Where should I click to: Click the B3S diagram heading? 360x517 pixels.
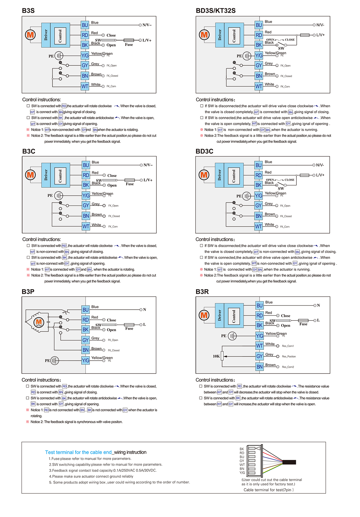pyautogui.click(x=28, y=11)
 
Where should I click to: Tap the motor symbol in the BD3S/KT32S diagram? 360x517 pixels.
pyautogui.click(x=204, y=35)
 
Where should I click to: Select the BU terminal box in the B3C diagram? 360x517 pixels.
pyautogui.click(x=86, y=165)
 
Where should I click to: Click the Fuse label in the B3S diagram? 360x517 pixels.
pyautogui.click(x=129, y=45)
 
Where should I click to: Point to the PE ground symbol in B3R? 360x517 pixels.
pyautogui.click(x=232, y=336)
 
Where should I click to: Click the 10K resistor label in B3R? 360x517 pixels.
pyautogui.click(x=216, y=356)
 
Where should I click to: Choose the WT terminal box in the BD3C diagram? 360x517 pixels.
pyautogui.click(x=259, y=226)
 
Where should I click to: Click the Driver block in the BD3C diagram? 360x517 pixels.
pyautogui.click(x=219, y=175)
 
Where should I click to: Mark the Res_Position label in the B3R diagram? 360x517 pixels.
pyautogui.click(x=289, y=356)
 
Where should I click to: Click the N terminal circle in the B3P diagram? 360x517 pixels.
pyautogui.click(x=141, y=310)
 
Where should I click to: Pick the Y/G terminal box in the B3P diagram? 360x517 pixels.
pyautogui.click(x=86, y=361)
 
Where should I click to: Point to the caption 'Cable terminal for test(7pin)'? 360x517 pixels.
pyautogui.click(x=268, y=490)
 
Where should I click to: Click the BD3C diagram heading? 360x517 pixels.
pyautogui.click(x=204, y=151)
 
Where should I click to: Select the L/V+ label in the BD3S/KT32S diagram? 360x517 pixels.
pyautogui.click(x=320, y=35)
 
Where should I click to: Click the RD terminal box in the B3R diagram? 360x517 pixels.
pyautogui.click(x=259, y=315)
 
